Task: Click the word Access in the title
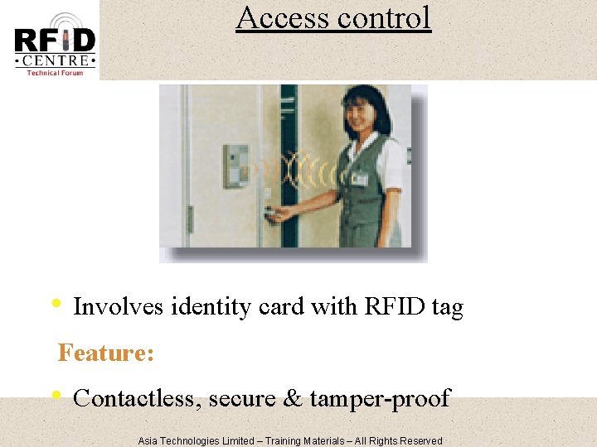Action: point(278,17)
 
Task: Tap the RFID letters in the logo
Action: point(55,40)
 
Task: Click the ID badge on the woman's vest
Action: point(358,179)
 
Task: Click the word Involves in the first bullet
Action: point(118,307)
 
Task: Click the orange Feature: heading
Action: point(105,353)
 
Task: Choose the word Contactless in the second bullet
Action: point(137,399)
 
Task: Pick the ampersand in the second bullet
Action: point(293,399)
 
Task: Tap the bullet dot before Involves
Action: point(55,303)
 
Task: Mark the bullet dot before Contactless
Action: point(55,395)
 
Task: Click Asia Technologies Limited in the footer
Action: point(196,440)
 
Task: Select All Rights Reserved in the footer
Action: point(399,440)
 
